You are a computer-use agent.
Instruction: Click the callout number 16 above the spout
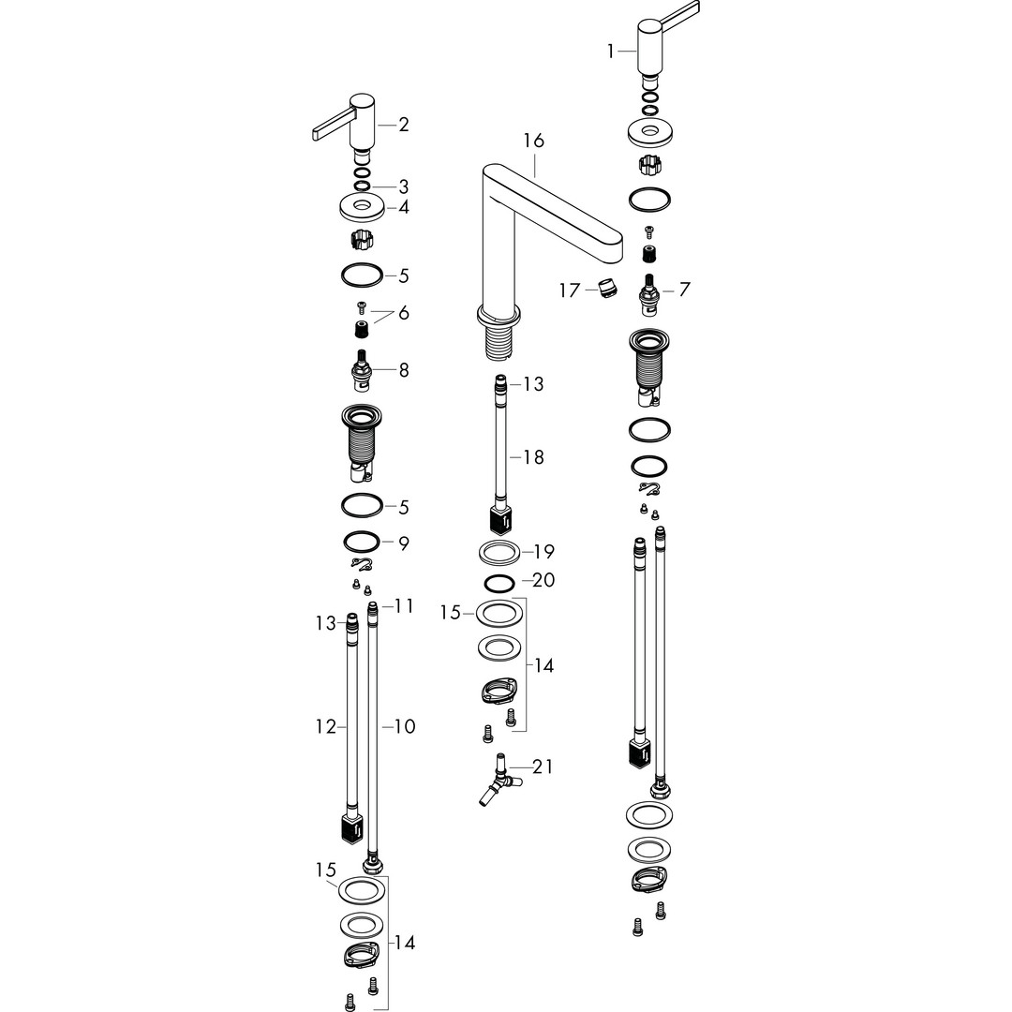pyautogui.click(x=534, y=140)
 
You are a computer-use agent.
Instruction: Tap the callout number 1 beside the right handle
pyautogui.click(x=611, y=51)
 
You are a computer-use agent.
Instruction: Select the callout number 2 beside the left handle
pyautogui.click(x=404, y=124)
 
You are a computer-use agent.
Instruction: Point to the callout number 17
pyautogui.click(x=570, y=290)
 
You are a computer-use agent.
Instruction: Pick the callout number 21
pyautogui.click(x=543, y=766)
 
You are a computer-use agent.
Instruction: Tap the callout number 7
pyautogui.click(x=685, y=289)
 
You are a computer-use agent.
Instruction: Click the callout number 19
pyautogui.click(x=544, y=552)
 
